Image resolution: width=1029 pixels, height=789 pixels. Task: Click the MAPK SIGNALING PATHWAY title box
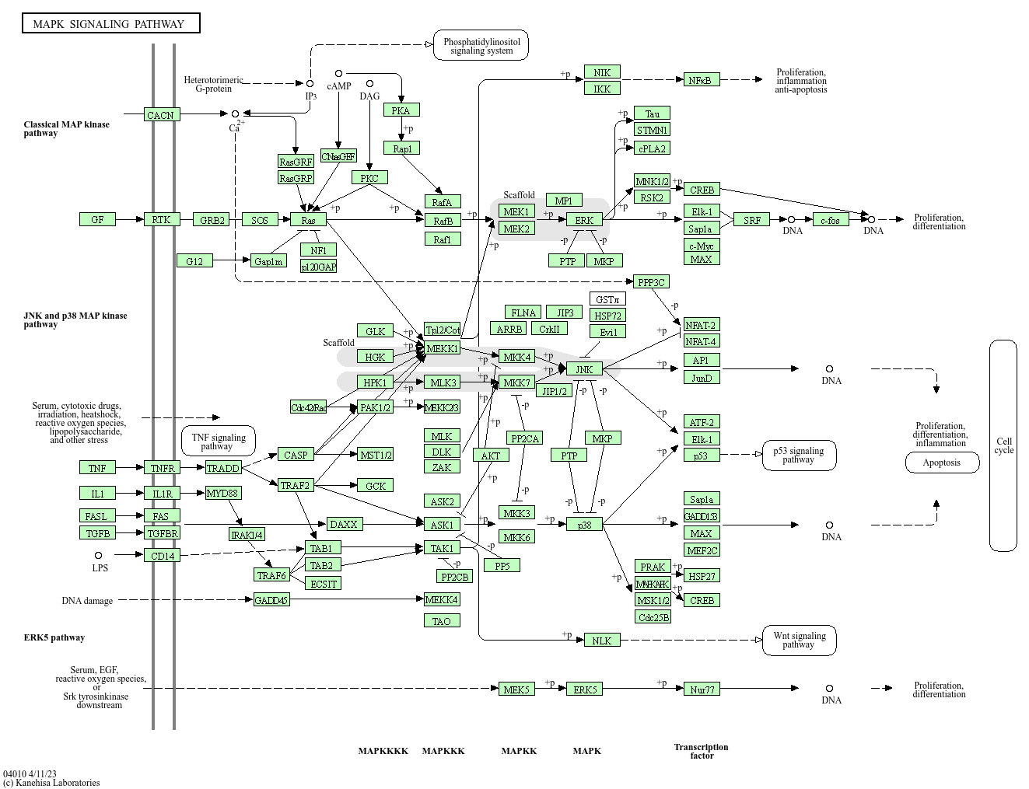click(110, 23)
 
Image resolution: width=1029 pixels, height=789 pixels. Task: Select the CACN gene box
click(161, 115)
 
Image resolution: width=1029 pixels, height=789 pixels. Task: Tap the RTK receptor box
click(161, 219)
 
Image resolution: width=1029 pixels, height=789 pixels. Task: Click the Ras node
click(308, 220)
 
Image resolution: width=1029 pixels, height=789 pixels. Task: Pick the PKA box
click(401, 110)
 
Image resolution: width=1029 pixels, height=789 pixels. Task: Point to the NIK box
click(602, 72)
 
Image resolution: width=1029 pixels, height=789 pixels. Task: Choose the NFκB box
click(702, 79)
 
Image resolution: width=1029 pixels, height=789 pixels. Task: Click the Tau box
click(652, 113)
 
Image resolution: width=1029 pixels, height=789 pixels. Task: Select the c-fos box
click(831, 220)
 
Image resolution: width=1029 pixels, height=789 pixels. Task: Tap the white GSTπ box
click(607, 299)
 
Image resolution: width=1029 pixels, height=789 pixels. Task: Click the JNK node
click(584, 369)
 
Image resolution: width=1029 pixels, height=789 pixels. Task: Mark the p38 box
click(584, 525)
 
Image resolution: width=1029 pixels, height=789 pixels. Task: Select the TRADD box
click(223, 467)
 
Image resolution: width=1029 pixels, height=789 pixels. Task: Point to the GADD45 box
click(271, 600)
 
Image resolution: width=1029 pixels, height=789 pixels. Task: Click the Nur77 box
click(702, 689)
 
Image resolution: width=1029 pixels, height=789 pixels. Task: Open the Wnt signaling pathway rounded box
click(799, 640)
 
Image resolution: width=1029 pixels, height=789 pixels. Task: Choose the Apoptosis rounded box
click(941, 463)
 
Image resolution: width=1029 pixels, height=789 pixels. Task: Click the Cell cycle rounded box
click(1003, 445)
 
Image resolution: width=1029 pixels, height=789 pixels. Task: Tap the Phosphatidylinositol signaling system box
click(481, 46)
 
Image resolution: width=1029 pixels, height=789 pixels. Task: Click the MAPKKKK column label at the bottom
click(383, 751)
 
